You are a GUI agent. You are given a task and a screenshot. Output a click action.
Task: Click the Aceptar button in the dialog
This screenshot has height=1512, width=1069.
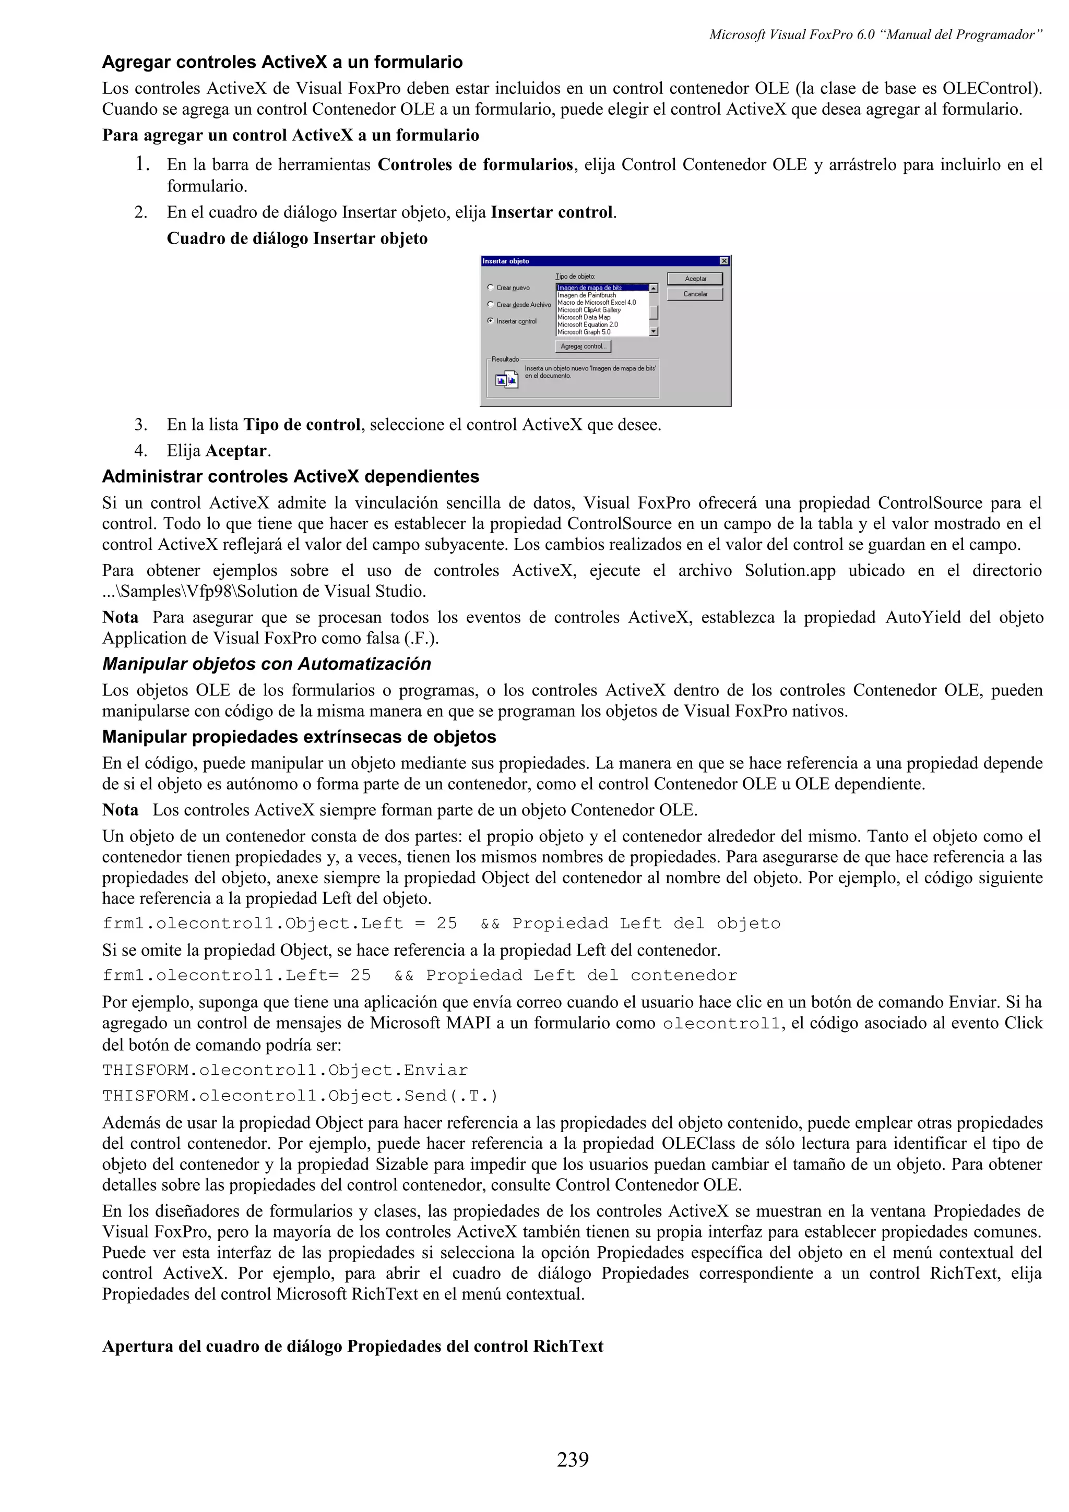click(695, 279)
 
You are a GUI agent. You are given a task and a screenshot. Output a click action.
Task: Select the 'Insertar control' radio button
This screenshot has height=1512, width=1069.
click(491, 321)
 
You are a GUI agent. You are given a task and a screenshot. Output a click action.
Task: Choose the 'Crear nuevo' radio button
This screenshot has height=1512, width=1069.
click(491, 287)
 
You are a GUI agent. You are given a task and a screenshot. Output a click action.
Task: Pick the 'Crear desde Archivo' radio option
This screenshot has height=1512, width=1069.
click(491, 304)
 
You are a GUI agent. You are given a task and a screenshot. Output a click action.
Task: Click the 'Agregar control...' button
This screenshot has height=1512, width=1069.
click(583, 346)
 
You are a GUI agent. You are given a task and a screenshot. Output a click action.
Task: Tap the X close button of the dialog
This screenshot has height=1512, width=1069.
click(724, 261)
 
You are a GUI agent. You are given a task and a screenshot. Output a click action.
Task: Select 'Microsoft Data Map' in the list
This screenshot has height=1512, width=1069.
click(584, 317)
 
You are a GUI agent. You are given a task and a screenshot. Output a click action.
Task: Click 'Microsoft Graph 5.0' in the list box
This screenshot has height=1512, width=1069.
click(584, 332)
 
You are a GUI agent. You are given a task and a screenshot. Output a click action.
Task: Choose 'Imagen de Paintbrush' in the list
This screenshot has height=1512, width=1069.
click(586, 295)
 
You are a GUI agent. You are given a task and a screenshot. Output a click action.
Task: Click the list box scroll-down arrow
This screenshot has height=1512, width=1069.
click(654, 332)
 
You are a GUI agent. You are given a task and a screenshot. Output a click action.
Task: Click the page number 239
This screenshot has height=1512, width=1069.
click(573, 1478)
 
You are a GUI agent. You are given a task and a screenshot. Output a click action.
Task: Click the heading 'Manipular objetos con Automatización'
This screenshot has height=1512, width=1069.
click(266, 664)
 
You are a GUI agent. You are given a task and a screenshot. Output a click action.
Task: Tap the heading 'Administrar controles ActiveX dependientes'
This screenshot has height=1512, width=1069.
click(290, 476)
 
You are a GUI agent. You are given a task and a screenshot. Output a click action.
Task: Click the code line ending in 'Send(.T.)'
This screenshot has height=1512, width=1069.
click(300, 1096)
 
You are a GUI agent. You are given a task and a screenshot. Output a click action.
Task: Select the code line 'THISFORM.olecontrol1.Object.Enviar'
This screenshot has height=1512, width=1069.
click(284, 1070)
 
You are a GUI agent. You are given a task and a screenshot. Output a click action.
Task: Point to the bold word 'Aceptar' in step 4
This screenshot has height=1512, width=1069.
click(236, 451)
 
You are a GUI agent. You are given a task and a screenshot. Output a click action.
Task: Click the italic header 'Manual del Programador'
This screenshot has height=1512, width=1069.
click(961, 35)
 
